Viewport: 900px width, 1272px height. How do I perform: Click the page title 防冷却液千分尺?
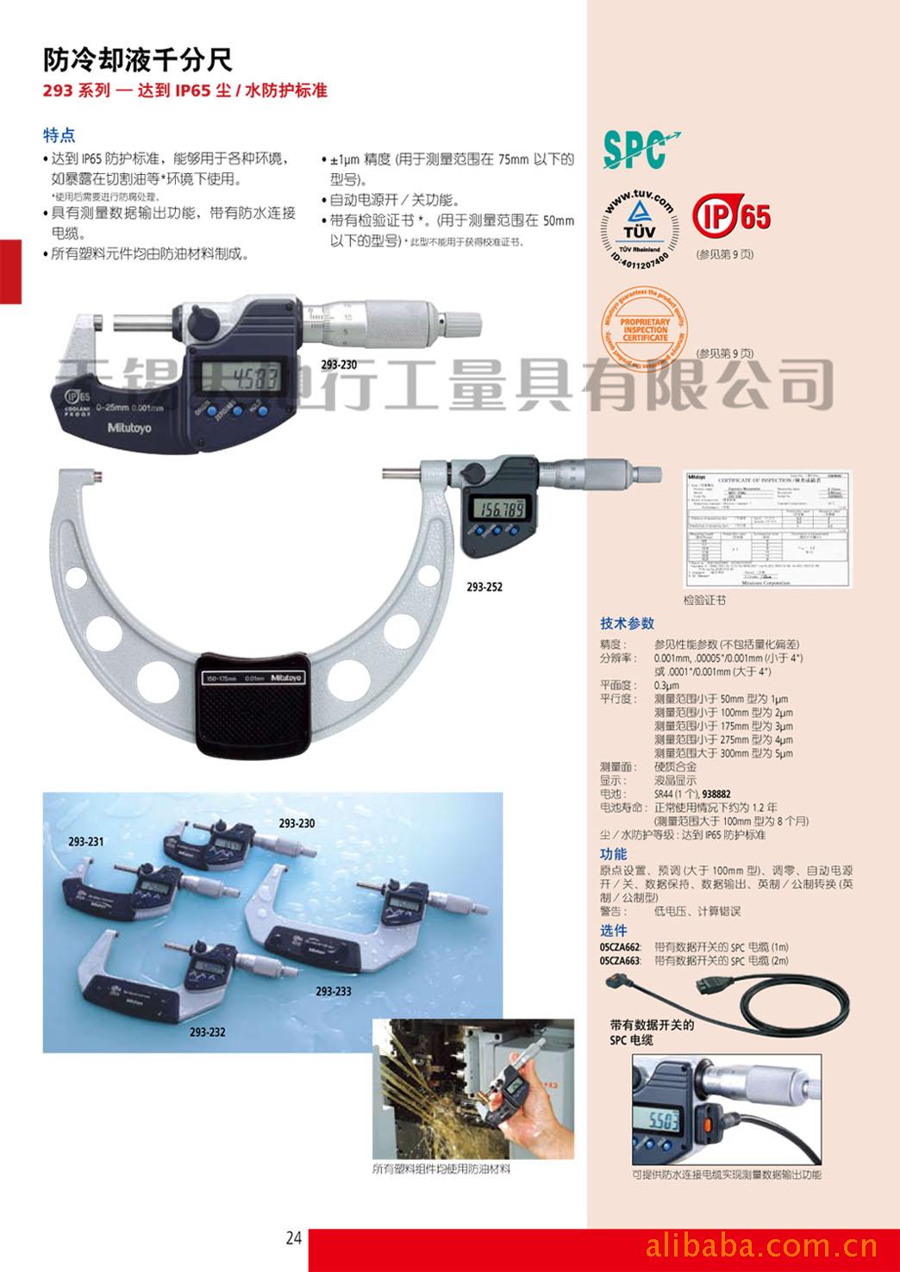click(138, 59)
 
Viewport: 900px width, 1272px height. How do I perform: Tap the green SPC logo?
click(639, 148)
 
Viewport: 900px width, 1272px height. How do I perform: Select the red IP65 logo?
click(732, 216)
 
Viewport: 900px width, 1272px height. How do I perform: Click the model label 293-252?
click(484, 587)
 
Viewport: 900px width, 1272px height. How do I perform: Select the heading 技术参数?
click(627, 623)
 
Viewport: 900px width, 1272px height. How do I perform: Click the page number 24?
click(294, 1238)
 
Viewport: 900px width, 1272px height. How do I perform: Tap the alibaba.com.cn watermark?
click(761, 1244)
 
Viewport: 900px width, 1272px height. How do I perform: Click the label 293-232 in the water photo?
click(207, 1031)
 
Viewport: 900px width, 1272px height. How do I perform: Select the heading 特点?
click(59, 135)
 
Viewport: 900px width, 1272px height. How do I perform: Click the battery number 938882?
click(717, 794)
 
